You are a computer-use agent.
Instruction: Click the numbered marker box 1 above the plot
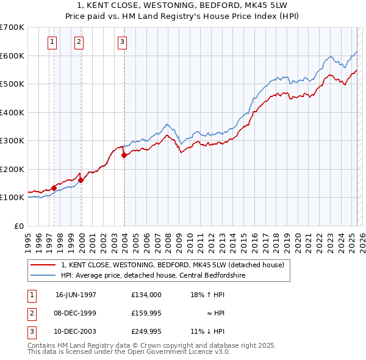[x=52, y=41]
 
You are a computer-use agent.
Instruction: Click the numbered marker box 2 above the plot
[x=79, y=41]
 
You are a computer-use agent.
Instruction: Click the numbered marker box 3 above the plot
[x=122, y=41]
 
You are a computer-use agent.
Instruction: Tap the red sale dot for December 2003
[x=124, y=155]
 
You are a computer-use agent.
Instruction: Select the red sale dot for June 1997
[x=54, y=188]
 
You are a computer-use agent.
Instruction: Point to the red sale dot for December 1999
[x=81, y=181]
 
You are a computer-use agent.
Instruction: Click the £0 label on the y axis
[x=18, y=226]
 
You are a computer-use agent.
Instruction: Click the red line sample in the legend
[x=43, y=265]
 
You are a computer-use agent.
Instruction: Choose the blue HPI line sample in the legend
[x=43, y=275]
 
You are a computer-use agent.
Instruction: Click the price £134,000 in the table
[x=146, y=294]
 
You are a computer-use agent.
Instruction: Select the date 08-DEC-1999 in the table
[x=76, y=313]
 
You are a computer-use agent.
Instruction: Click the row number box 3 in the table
[x=30, y=332]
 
